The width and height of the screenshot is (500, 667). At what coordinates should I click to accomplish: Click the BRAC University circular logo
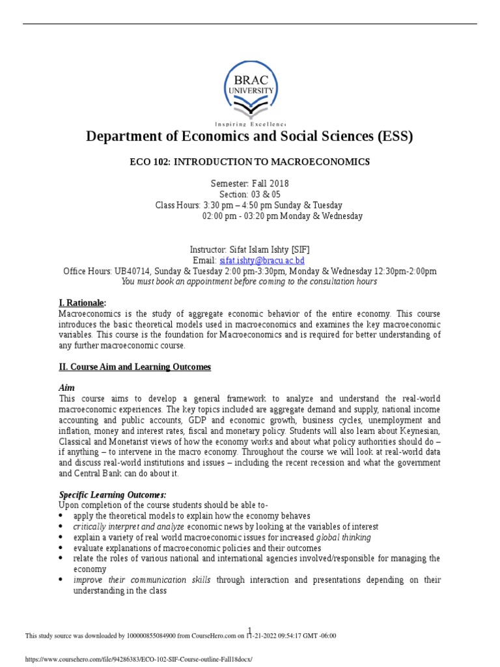[x=250, y=89]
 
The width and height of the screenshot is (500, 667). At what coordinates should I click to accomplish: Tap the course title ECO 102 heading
[x=250, y=162]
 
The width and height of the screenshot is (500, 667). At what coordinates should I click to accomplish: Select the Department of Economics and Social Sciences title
[x=250, y=137]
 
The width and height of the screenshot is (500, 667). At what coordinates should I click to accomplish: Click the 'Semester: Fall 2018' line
[x=250, y=184]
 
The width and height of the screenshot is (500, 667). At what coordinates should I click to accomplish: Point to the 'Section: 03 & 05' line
[x=250, y=194]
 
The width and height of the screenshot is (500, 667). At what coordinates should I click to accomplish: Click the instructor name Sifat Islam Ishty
[x=255, y=250]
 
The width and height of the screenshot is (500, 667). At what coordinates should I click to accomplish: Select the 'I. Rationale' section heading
[x=82, y=303]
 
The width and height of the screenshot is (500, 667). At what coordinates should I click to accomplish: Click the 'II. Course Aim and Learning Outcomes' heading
[x=135, y=367]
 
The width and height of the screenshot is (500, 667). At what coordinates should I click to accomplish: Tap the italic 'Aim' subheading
[x=67, y=388]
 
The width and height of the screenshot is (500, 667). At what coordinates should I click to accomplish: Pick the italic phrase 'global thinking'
[x=343, y=537]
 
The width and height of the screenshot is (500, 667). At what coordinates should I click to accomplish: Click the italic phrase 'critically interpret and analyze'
[x=128, y=526]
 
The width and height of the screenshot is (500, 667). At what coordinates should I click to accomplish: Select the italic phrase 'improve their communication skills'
[x=142, y=580]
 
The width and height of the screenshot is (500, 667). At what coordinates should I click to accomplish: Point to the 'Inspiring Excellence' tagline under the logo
[x=250, y=123]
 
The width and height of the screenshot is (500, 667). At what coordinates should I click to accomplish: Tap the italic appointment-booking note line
[x=249, y=282]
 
